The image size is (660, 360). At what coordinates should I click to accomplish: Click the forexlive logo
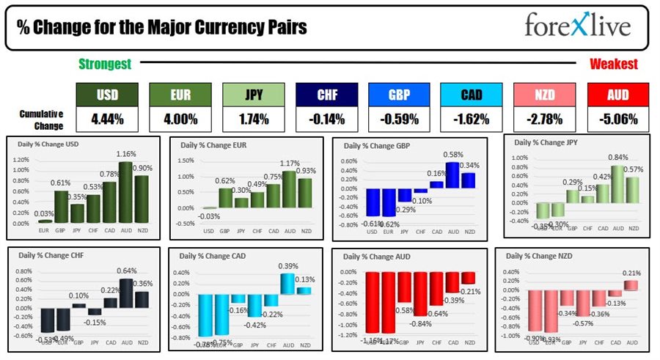[578, 27]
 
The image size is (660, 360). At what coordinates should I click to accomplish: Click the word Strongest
[105, 64]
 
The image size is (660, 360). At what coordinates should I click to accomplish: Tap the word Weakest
[613, 64]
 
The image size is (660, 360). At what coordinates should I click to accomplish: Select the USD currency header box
[107, 95]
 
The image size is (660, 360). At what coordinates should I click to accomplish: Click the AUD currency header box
[618, 95]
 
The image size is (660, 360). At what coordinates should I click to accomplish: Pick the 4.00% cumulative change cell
[180, 118]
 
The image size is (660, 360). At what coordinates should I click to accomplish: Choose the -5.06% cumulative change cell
[618, 118]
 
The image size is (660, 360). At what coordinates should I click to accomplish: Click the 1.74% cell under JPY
[253, 118]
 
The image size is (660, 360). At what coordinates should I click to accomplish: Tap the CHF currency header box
[326, 95]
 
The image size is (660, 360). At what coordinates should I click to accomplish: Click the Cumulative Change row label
[42, 118]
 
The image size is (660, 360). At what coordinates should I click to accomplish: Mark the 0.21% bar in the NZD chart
[631, 284]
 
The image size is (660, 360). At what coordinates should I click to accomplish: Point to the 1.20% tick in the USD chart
[21, 160]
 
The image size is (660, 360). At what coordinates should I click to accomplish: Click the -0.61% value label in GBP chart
[373, 223]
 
